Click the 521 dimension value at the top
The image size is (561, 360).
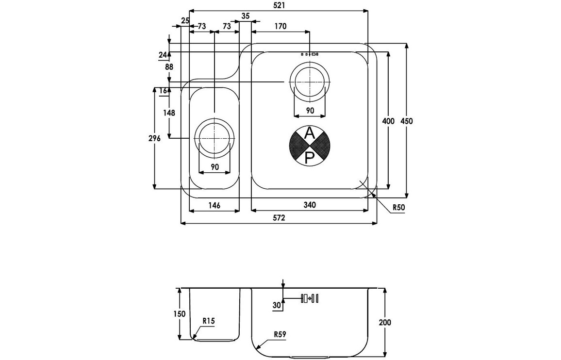(279, 5)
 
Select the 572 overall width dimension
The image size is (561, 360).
(279, 218)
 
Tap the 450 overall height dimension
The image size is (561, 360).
(407, 121)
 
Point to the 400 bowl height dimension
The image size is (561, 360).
(388, 121)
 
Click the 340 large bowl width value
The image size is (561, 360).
(310, 205)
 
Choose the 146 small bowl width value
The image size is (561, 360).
(214, 205)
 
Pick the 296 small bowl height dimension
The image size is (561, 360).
(154, 139)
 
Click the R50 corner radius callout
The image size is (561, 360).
(399, 208)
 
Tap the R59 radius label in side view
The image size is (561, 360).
(280, 334)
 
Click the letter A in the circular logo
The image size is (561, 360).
(309, 133)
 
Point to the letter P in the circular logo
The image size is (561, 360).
(309, 156)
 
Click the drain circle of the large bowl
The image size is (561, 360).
(310, 83)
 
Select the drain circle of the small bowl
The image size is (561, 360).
(215, 138)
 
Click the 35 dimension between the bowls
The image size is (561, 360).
(245, 16)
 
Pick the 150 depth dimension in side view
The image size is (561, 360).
(180, 314)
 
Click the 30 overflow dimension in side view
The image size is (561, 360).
(277, 305)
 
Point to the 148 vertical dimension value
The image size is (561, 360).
(169, 113)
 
